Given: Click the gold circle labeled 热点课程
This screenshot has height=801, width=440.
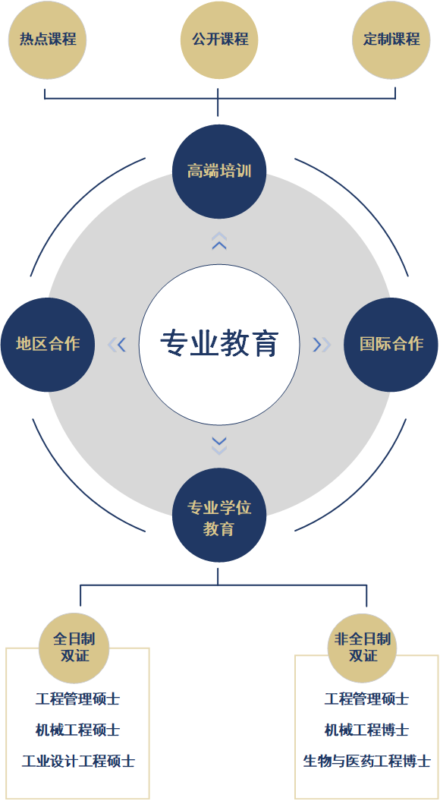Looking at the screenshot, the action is (x=48, y=40).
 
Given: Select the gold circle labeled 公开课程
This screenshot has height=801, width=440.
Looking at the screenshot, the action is (x=219, y=40).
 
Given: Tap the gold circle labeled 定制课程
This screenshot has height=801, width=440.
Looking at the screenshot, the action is (x=391, y=40).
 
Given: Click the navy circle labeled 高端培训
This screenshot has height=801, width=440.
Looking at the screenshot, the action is (x=219, y=171).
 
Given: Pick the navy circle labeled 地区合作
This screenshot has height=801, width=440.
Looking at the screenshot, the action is (x=48, y=344).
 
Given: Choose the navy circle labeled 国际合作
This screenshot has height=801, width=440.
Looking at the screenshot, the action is (x=391, y=344).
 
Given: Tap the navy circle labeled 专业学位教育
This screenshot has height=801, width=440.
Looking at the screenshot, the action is (x=219, y=516).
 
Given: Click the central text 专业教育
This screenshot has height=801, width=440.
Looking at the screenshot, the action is (x=219, y=343).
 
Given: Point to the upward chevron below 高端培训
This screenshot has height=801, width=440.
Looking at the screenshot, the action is (x=219, y=241).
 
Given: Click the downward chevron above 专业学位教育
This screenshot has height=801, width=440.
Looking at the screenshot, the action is (x=219, y=446).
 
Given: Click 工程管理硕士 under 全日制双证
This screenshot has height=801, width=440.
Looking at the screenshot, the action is (x=77, y=699).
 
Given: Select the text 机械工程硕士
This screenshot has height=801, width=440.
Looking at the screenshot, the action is (x=77, y=730).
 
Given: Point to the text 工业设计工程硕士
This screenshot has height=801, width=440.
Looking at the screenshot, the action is (x=78, y=761).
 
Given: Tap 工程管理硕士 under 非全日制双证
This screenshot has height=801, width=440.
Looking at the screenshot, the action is (x=366, y=699).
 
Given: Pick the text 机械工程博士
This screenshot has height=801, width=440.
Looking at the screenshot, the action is (x=366, y=730).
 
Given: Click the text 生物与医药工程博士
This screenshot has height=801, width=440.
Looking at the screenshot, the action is (x=366, y=761).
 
